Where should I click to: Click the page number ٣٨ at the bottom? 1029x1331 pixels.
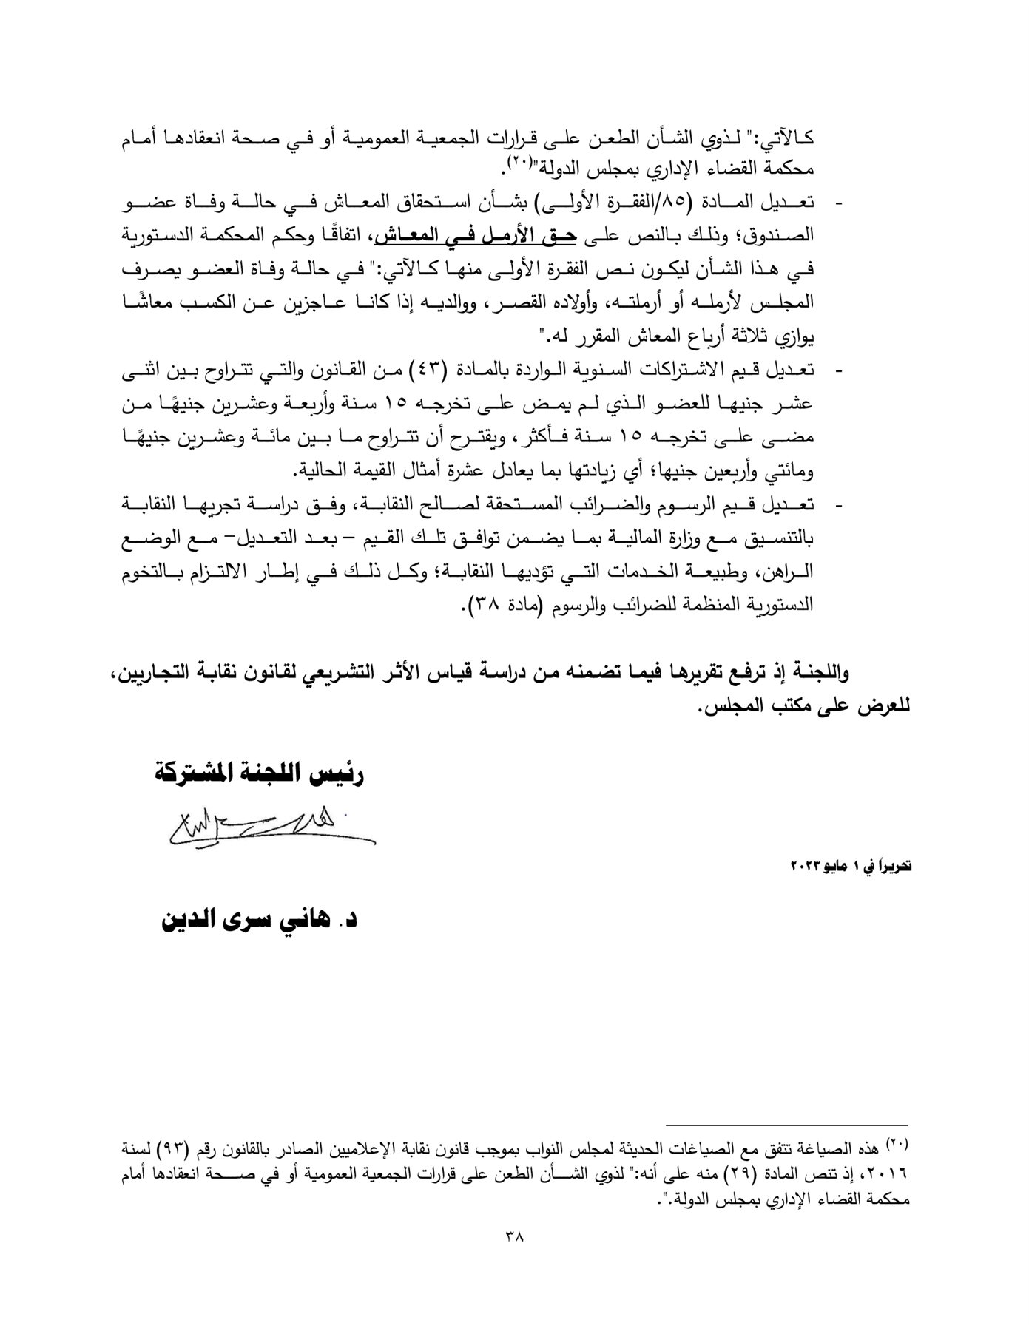click(513, 1236)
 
